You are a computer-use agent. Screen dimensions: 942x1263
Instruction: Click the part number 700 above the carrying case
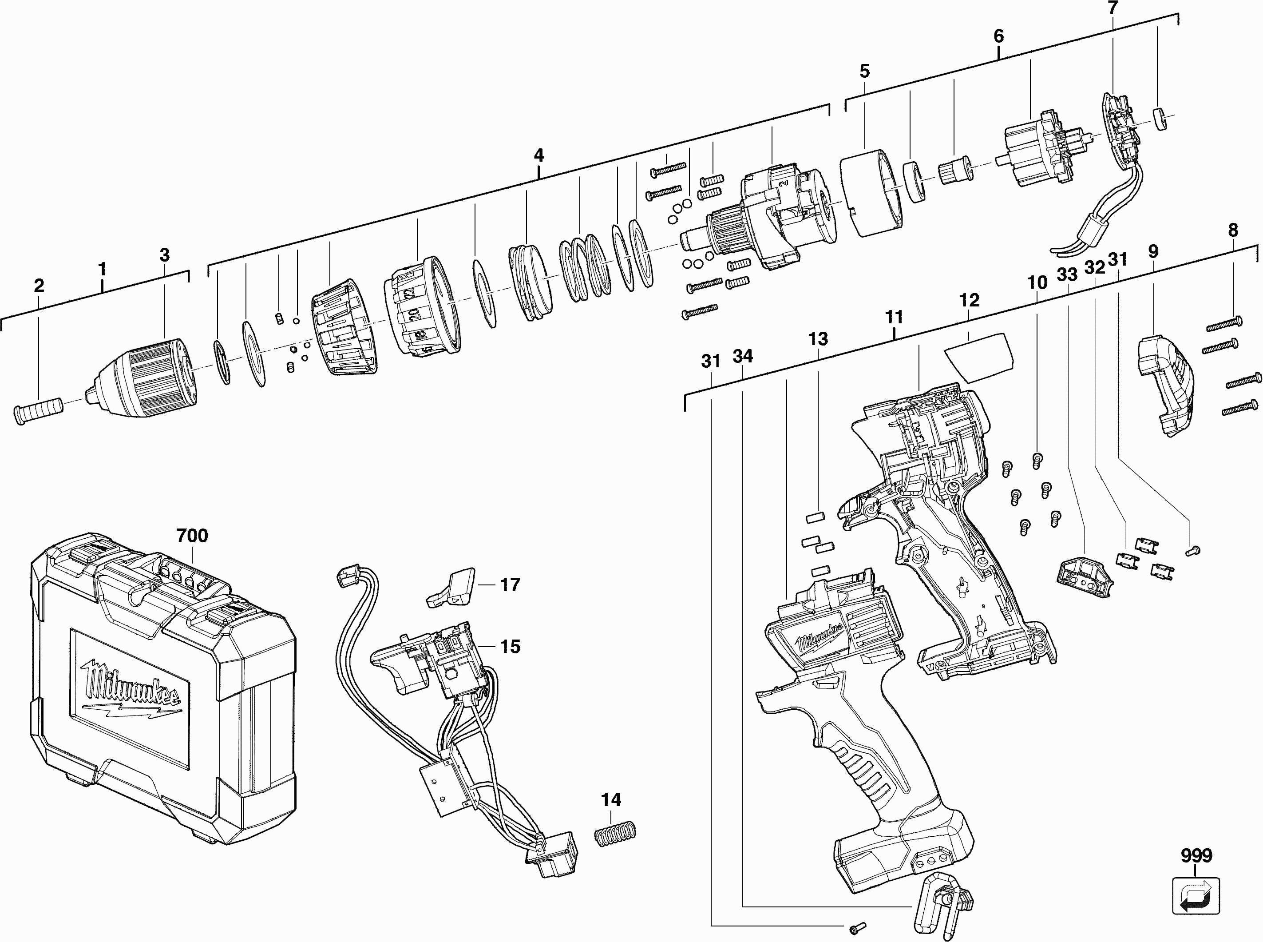[x=192, y=536]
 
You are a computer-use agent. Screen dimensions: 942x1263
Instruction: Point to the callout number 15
[x=510, y=647]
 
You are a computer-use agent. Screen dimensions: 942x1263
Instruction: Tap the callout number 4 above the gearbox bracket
[x=538, y=155]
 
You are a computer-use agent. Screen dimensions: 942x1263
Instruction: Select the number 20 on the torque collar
[x=414, y=314]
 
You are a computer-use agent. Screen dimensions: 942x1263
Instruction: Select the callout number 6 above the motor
[x=998, y=36]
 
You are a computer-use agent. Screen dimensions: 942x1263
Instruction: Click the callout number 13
[x=818, y=339]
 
